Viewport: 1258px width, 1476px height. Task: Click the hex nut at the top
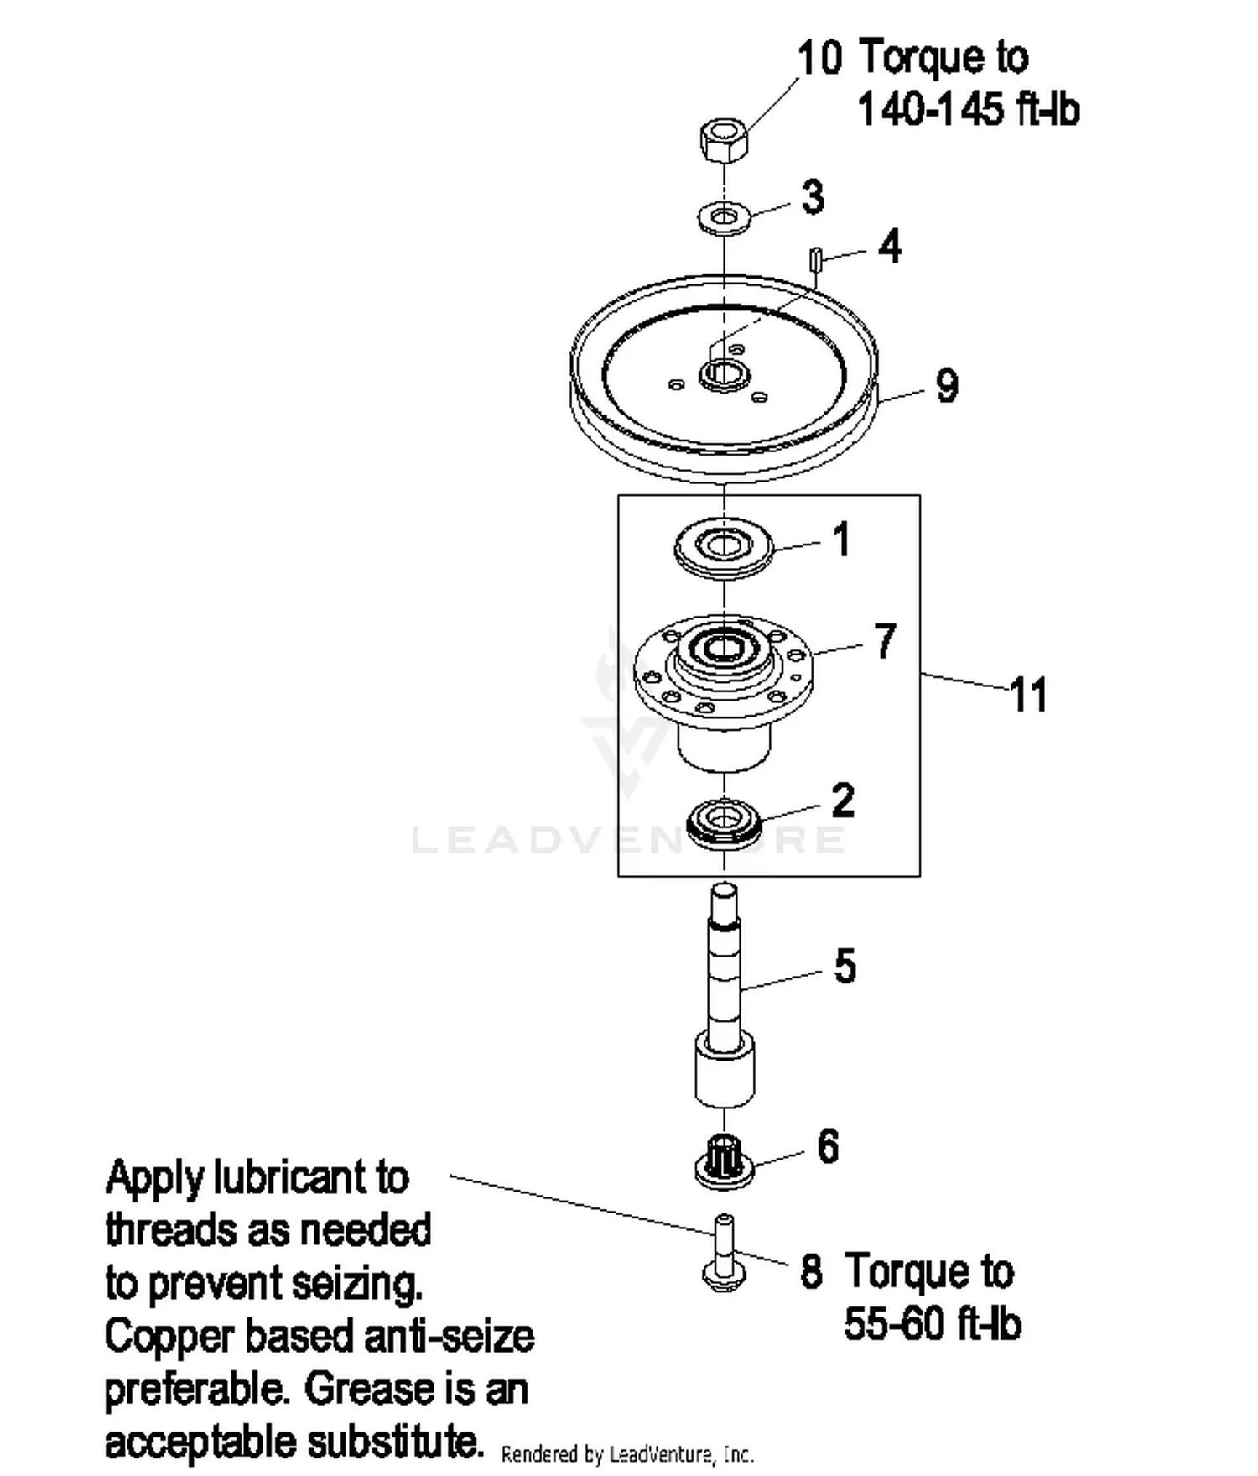click(x=723, y=142)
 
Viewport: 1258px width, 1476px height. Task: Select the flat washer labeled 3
click(x=723, y=218)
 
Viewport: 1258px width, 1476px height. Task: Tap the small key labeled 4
click(x=814, y=259)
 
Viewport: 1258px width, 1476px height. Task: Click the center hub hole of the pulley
click(x=723, y=373)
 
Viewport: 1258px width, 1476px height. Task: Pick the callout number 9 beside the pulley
click(x=947, y=386)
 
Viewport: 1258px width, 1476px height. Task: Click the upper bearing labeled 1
click(x=723, y=548)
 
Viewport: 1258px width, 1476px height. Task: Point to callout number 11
click(x=1028, y=695)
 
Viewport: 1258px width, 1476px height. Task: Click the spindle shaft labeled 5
click(x=725, y=994)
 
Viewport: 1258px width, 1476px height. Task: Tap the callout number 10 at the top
click(x=819, y=58)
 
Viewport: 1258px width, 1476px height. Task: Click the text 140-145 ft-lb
click(x=969, y=110)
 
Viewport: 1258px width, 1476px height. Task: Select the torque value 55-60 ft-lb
click(x=933, y=1324)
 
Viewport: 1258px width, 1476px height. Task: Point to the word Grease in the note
click(x=368, y=1389)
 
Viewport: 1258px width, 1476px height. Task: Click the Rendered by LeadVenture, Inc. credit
click(x=627, y=1454)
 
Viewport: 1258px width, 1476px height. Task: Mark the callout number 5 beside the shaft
click(x=845, y=966)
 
